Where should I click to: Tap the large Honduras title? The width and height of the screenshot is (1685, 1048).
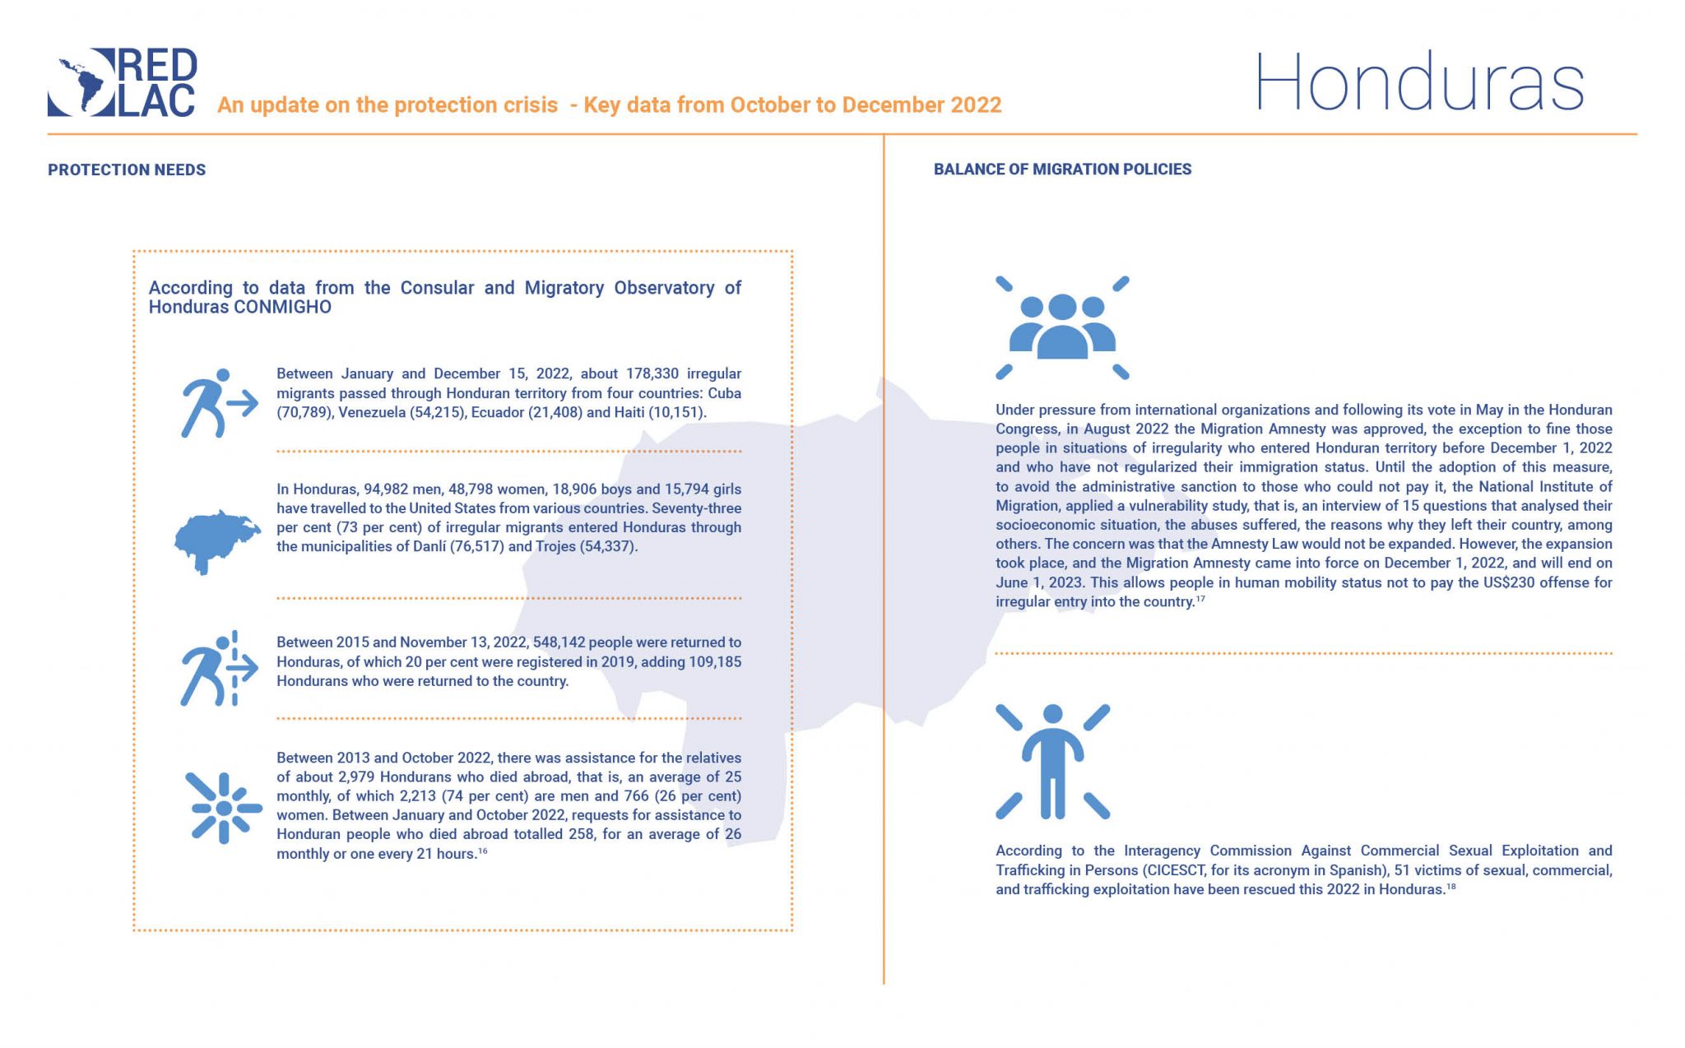point(1418,83)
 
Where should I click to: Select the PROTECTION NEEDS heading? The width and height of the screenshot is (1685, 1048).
point(127,170)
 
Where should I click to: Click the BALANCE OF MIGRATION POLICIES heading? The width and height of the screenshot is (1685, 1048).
point(1062,169)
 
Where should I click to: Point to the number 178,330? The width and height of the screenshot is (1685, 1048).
point(652,374)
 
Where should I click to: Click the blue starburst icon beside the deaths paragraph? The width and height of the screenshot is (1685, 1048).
point(223,808)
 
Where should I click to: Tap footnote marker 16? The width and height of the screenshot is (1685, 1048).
point(483,851)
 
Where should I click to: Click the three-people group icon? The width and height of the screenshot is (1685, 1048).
point(1061,327)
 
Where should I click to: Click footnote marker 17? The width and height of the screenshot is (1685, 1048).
point(1200,600)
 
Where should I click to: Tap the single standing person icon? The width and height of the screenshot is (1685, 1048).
point(1052,761)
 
